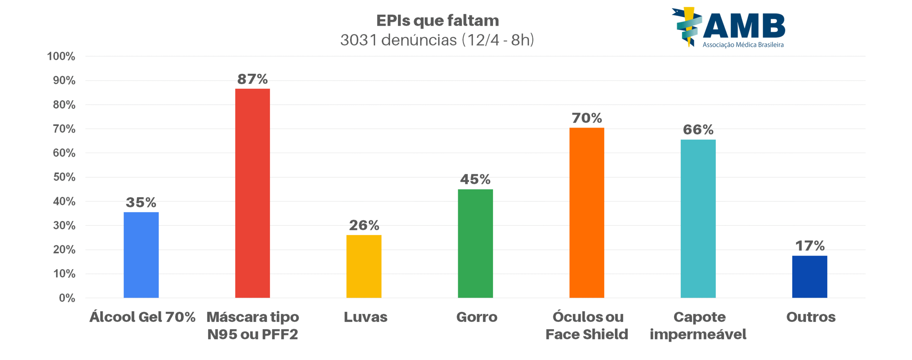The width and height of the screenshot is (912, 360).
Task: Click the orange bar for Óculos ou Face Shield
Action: point(586,212)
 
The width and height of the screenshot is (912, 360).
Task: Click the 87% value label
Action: point(252,79)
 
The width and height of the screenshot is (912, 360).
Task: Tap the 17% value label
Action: point(810,246)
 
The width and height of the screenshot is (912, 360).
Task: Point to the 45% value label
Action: point(475,179)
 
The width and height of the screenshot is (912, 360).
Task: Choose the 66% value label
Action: point(698,130)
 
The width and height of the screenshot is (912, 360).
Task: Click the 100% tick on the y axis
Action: point(61,56)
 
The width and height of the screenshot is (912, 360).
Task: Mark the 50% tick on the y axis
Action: point(64,177)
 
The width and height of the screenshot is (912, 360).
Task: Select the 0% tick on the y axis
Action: point(67,298)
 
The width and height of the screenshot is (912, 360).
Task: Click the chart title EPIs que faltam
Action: point(437,21)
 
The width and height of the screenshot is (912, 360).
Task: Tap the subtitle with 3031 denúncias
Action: point(437,40)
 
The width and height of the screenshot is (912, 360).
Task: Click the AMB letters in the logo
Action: point(744,26)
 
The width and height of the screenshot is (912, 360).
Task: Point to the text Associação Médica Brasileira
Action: point(743,45)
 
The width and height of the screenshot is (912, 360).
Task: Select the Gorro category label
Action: point(477,317)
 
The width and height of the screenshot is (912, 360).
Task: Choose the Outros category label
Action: point(811,317)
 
